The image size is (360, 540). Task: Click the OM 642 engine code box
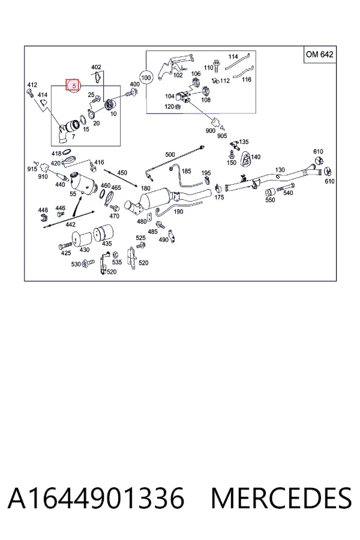(x=319, y=55)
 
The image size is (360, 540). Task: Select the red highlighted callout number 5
(x=73, y=85)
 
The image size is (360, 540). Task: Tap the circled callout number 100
(x=146, y=77)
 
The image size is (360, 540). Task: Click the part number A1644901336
(x=96, y=498)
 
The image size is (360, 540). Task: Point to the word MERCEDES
(x=281, y=498)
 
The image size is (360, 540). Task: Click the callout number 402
(x=96, y=67)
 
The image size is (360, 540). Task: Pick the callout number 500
(x=170, y=155)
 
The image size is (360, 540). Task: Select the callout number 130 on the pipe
(x=280, y=170)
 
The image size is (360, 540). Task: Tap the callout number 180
(x=145, y=188)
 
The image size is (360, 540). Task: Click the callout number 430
(x=85, y=250)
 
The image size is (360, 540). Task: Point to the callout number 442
(x=70, y=224)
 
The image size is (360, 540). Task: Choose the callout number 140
(x=256, y=157)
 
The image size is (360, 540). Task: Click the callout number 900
(x=210, y=131)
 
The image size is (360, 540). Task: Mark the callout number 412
(x=32, y=85)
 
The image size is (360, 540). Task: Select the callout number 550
(x=270, y=200)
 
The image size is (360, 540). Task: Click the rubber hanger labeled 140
(x=245, y=158)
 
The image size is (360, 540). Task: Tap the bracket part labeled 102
(x=174, y=65)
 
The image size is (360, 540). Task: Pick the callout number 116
(x=247, y=80)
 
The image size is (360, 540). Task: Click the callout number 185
(x=186, y=171)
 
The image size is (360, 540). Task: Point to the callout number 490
(x=163, y=239)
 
